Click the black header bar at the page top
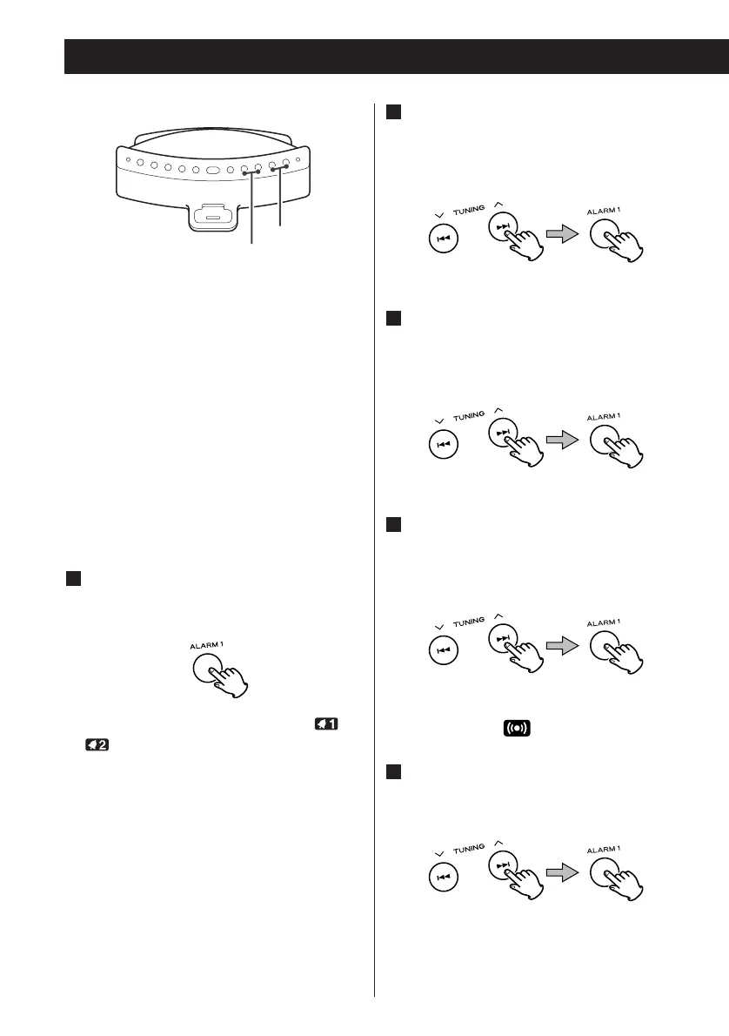(x=397, y=57)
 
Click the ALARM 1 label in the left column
(x=207, y=646)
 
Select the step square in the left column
(x=74, y=580)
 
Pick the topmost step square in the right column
(x=393, y=113)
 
